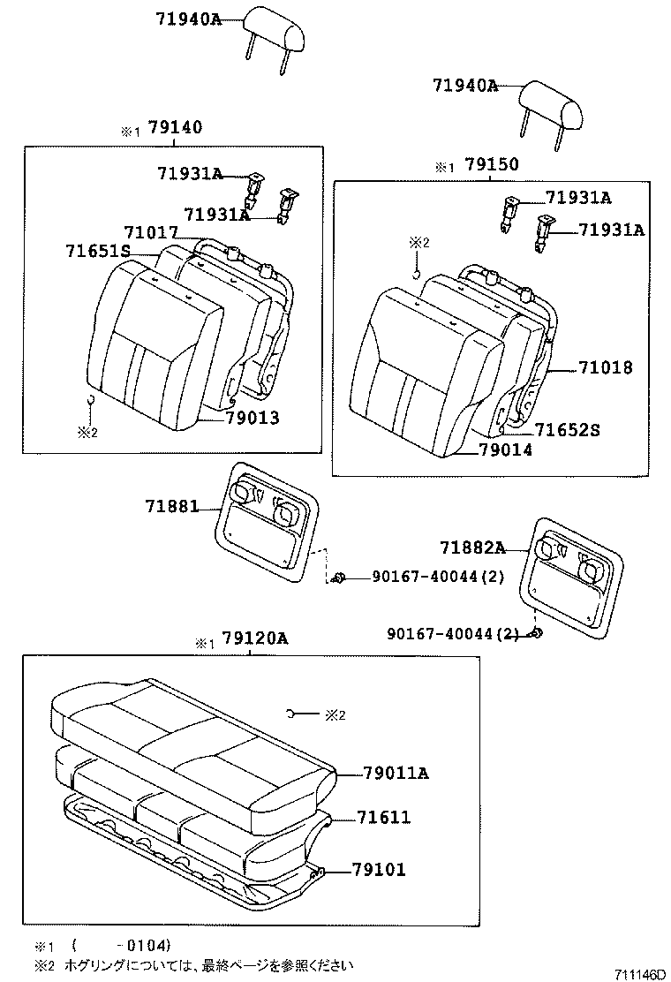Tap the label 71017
pyautogui.click(x=150, y=232)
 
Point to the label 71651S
pyautogui.click(x=98, y=251)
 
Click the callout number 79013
pyautogui.click(x=252, y=418)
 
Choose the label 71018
pyautogui.click(x=607, y=367)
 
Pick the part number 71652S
pyautogui.click(x=567, y=430)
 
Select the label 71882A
pyautogui.click(x=470, y=548)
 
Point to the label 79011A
pyautogui.click(x=396, y=774)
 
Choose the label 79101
pyautogui.click(x=379, y=870)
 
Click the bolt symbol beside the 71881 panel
pyautogui.click(x=338, y=578)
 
